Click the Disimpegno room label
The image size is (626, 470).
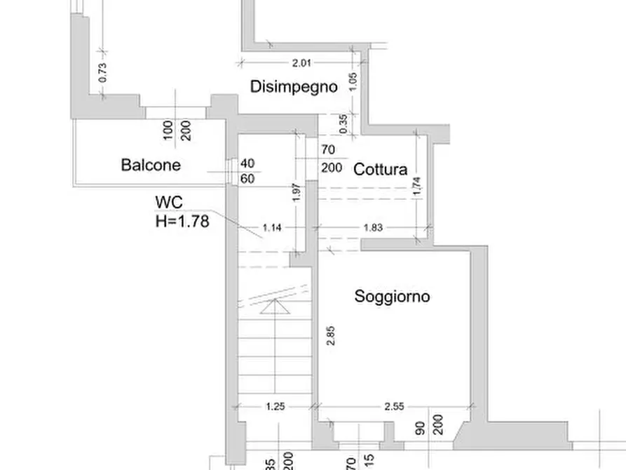[294, 87]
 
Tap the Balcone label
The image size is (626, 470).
[151, 165]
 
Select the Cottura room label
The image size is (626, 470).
[381, 169]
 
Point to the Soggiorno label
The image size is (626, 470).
[392, 296]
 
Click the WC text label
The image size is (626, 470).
[169, 203]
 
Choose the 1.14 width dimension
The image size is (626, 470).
[273, 227]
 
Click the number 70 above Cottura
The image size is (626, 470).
[327, 149]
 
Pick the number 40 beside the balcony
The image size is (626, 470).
[247, 163]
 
